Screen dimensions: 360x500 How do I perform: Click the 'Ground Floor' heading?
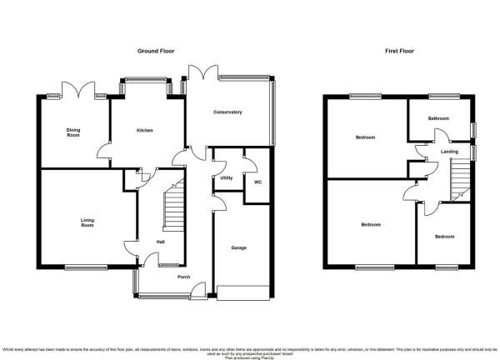tap(155, 51)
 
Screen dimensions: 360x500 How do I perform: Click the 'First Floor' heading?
tap(399, 51)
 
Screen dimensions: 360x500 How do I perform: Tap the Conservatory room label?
tap(227, 112)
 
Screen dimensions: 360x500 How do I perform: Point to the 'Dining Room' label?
tap(73, 132)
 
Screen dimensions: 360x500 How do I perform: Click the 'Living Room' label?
tap(87, 222)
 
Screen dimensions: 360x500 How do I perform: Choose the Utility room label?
tap(226, 178)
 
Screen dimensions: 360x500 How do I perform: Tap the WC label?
tap(257, 183)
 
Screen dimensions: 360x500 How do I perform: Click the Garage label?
tap(238, 247)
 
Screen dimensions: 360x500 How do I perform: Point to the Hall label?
tap(160, 242)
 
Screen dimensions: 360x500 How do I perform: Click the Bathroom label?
tap(439, 119)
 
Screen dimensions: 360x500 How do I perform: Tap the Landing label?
tap(449, 152)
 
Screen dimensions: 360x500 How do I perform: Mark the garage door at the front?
tap(242, 292)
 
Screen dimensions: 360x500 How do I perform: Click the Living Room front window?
tap(82, 267)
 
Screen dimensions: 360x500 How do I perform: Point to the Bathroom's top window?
tap(438, 97)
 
